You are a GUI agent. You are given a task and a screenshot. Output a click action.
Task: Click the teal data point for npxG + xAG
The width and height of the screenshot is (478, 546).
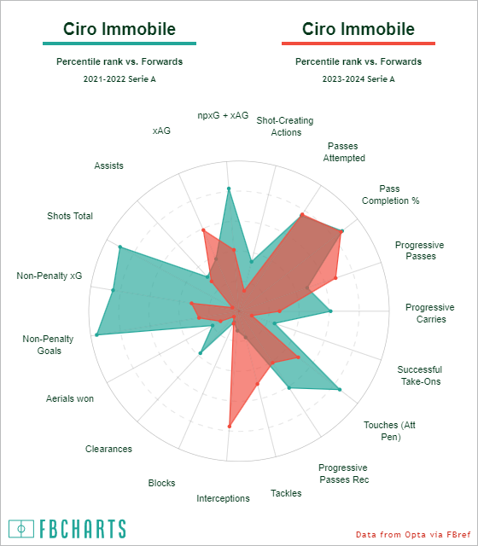pos(229,189)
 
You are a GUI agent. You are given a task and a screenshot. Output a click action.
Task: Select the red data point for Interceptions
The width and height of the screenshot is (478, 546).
pos(230,427)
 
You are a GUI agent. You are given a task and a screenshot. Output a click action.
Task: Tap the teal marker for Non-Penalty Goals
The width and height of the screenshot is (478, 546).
pos(96,334)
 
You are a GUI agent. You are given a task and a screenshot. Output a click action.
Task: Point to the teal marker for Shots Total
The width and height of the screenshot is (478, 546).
pos(120,247)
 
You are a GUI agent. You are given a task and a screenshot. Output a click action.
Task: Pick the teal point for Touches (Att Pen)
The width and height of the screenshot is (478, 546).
pos(340,390)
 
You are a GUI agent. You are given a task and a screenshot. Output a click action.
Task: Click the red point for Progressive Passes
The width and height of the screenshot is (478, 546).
pos(335,278)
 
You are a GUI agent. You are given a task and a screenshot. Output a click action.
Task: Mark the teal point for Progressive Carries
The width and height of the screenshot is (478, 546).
pos(330,311)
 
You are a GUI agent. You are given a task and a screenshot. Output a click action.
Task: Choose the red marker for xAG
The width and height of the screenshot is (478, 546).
pos(203,230)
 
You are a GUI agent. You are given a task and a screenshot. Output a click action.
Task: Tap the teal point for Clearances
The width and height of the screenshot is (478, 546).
pos(200,353)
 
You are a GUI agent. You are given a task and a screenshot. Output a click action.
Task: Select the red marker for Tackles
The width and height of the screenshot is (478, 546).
pos(258,384)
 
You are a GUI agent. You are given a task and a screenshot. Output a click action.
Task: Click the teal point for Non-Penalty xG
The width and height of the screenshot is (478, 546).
pos(113,290)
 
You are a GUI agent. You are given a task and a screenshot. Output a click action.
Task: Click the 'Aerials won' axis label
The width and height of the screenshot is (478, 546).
pos(70,398)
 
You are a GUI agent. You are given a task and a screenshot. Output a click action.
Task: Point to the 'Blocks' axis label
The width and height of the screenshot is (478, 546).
pos(161,483)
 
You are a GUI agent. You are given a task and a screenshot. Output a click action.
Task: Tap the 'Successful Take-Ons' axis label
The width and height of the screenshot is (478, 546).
pos(420,375)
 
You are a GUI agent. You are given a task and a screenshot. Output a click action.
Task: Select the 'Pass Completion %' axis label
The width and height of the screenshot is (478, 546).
pos(390,195)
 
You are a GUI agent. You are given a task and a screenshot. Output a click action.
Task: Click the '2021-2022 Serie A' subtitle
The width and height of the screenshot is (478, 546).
pos(119,79)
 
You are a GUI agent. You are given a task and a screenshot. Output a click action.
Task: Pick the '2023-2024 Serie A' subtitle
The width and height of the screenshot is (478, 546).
pos(358,79)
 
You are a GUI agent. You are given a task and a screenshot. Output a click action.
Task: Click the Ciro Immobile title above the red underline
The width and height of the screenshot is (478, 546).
pos(358,29)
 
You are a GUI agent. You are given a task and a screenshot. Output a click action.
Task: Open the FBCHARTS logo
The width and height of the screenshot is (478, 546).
pos(67,529)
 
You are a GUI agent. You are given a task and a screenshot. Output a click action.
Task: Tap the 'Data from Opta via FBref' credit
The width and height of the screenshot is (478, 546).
pos(413,534)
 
